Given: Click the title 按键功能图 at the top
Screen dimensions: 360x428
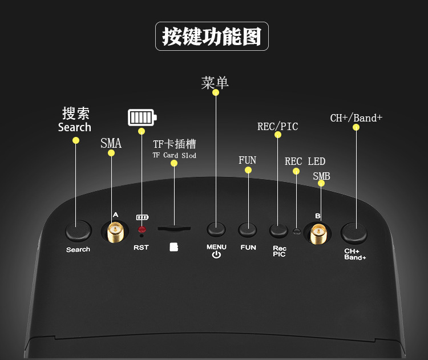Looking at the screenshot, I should tap(212, 37).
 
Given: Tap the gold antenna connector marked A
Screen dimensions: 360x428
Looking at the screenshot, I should tap(115, 231).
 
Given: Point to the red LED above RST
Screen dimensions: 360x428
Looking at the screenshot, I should tap(142, 229).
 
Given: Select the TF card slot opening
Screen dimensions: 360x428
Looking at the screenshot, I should tap(174, 229).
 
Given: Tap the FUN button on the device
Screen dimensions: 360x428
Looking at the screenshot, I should tap(248, 230).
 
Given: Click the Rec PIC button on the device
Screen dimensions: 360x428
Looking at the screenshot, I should tap(278, 230).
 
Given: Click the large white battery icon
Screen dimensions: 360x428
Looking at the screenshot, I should tap(142, 118).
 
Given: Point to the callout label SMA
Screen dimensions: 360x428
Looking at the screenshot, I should tap(111, 143).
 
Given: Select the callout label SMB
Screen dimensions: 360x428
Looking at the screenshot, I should tap(321, 176).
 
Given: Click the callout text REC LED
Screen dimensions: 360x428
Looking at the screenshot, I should tap(305, 161).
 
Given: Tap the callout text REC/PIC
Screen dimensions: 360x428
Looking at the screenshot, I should tap(278, 126).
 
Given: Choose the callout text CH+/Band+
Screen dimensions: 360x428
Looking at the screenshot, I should tap(356, 118).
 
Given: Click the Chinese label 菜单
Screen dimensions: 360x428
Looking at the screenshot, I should tap(215, 83).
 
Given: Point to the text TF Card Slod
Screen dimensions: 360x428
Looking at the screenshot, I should tap(174, 155).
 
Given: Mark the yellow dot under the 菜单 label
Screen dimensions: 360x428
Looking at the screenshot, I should tap(215, 92).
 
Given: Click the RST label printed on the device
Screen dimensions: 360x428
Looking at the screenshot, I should tap(141, 248).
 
